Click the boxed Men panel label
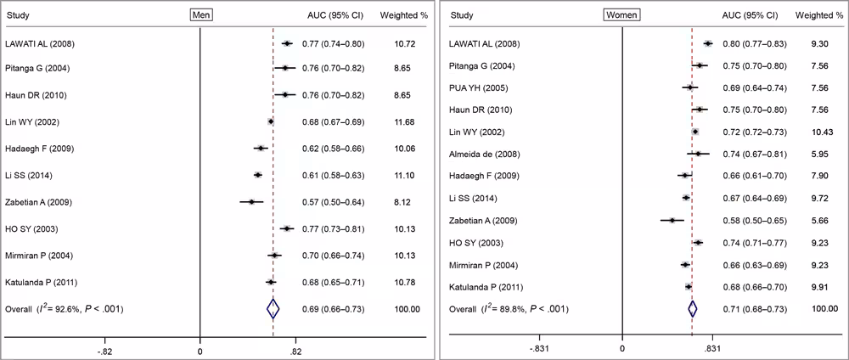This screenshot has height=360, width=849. (x=201, y=14)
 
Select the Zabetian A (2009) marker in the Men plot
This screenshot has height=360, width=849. (x=251, y=202)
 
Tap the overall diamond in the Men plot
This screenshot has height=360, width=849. (x=273, y=309)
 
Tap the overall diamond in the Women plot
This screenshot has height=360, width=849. (x=692, y=309)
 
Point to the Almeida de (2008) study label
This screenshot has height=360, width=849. (x=482, y=154)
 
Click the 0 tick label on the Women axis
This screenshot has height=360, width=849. (x=621, y=348)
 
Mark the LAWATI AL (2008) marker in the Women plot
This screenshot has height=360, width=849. (x=707, y=43)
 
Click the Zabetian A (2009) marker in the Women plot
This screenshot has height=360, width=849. (x=672, y=220)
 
